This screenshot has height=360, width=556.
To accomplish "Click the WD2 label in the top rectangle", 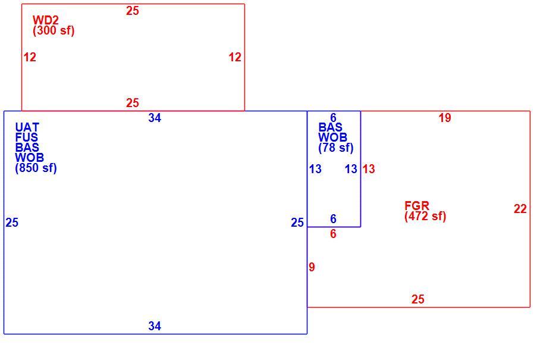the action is point(46,20).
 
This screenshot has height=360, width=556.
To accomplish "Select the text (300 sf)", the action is point(54,30).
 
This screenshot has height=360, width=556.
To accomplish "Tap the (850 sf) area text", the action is point(36,168).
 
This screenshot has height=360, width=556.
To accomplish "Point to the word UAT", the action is point(27,127).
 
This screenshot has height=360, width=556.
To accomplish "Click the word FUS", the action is point(27,137).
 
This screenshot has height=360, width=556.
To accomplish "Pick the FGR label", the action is point(417,206).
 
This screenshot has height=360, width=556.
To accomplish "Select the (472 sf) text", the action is point(425,216).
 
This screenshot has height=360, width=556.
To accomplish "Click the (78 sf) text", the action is point(336,148).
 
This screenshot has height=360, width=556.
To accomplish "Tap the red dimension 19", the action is point(445,118).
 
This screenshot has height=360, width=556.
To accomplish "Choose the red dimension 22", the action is point(520,209).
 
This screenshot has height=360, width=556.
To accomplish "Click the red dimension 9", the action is point(312,267).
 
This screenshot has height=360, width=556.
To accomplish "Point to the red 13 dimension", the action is point(369,169).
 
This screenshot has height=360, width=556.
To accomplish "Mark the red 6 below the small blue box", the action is point(333,234).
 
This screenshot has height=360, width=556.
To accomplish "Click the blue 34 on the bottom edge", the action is point(155,326).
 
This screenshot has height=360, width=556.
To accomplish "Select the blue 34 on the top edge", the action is point(155,118).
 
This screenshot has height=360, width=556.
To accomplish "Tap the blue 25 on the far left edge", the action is point(12,223).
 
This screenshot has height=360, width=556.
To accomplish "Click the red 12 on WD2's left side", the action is point(30,57).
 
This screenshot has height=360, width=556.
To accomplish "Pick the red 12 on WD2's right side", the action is point(235,57).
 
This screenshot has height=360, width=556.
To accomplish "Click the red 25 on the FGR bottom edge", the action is point(418,299).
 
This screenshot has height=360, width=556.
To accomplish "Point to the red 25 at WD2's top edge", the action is point(133,11).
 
